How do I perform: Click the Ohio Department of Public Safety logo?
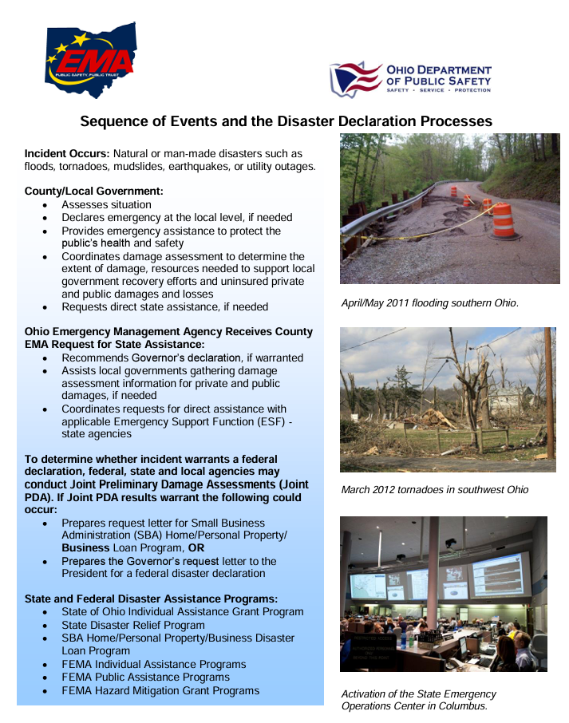[410, 80]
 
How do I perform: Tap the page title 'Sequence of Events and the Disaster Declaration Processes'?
[286, 121]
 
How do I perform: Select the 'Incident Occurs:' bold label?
[67, 153]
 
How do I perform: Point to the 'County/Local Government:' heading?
[93, 192]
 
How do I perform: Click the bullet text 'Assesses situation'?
[106, 205]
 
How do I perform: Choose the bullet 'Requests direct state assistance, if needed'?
[164, 306]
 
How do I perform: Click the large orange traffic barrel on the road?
[503, 220]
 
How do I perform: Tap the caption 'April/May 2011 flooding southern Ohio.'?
[430, 303]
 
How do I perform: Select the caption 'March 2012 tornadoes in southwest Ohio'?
[434, 489]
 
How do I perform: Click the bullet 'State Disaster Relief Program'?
[132, 625]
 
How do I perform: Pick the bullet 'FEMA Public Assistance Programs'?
[145, 677]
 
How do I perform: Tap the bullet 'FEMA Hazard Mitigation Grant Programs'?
[160, 690]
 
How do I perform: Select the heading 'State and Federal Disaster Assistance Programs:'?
[151, 599]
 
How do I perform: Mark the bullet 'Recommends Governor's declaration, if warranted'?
[182, 358]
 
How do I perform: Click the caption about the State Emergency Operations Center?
[418, 700]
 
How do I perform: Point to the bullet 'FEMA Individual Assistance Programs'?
[153, 664]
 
